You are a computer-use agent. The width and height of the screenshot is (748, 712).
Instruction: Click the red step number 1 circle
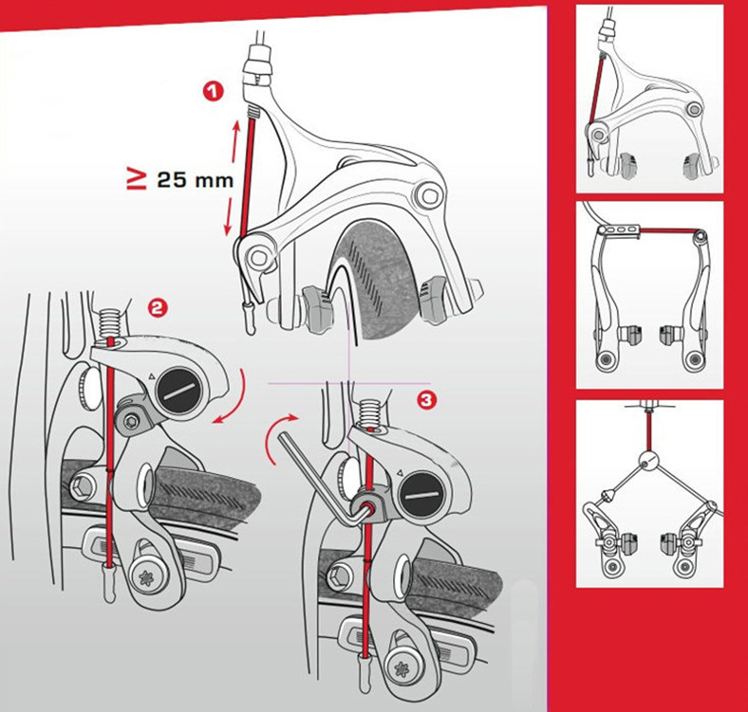click(214, 91)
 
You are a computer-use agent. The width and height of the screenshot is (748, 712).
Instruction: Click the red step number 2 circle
click(158, 308)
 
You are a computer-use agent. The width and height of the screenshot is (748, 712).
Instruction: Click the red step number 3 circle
click(426, 399)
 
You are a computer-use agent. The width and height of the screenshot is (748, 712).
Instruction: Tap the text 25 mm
click(196, 180)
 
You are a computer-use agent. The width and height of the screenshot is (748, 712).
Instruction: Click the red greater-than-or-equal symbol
click(137, 180)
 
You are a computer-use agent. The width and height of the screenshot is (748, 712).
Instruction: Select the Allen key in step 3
click(325, 482)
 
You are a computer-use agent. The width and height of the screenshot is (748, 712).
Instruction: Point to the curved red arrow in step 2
click(234, 398)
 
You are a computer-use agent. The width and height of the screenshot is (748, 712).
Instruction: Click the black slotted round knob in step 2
click(178, 392)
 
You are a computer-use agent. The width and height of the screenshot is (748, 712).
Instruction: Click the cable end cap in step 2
click(109, 582)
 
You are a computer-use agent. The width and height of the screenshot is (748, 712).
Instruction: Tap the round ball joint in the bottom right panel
click(647, 460)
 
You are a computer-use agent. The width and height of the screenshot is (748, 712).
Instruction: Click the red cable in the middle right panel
click(668, 230)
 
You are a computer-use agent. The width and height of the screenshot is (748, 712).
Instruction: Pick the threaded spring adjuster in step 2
click(111, 322)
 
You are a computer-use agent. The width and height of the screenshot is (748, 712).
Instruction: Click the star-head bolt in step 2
click(146, 578)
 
